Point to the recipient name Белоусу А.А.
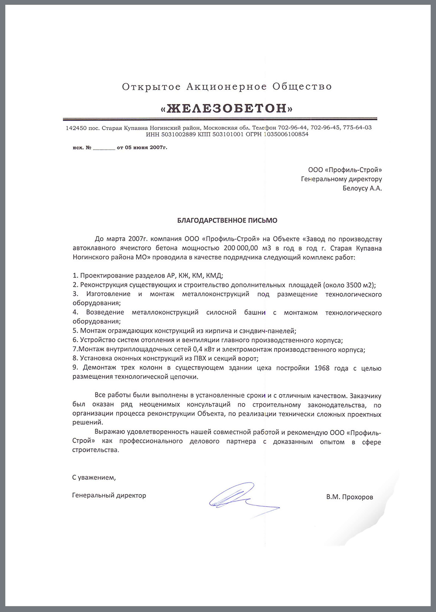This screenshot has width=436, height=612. pyautogui.click(x=362, y=188)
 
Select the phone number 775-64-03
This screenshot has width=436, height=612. pyautogui.click(x=357, y=128)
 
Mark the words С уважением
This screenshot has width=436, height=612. pyautogui.click(x=94, y=478)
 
